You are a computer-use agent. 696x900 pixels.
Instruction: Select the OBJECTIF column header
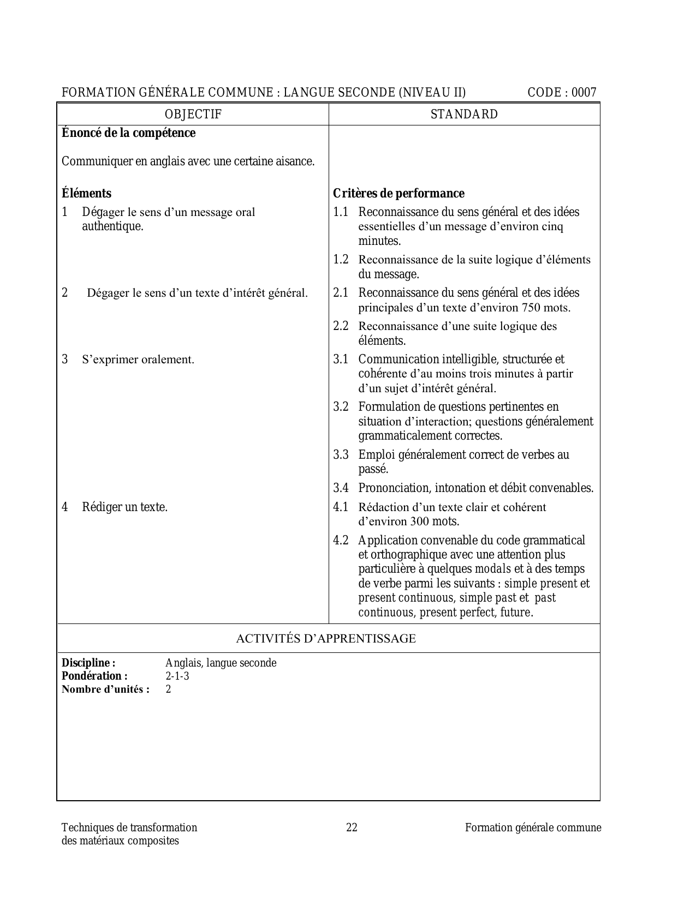point(193,115)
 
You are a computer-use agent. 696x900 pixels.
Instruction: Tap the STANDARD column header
point(464,115)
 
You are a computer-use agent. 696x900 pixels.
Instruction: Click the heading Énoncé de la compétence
point(128,133)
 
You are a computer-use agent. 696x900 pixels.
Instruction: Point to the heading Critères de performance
point(398,194)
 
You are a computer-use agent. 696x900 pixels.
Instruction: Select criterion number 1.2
point(341,260)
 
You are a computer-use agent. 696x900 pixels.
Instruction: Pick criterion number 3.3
point(341,455)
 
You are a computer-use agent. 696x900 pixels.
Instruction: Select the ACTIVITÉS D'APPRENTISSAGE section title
point(326,639)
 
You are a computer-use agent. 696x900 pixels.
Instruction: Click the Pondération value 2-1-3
point(177,676)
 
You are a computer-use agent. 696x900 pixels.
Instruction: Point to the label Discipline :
point(88,663)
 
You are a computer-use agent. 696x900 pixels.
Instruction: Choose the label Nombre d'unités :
point(105,689)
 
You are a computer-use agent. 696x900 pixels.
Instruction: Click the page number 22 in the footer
point(352,828)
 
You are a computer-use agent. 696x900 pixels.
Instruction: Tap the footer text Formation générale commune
point(533,828)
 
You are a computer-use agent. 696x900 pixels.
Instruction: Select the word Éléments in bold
point(86,194)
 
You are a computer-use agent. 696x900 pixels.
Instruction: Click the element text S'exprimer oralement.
point(138,360)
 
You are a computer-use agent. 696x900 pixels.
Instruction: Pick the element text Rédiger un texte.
point(124,507)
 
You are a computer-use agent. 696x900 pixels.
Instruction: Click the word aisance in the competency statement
point(296,162)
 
